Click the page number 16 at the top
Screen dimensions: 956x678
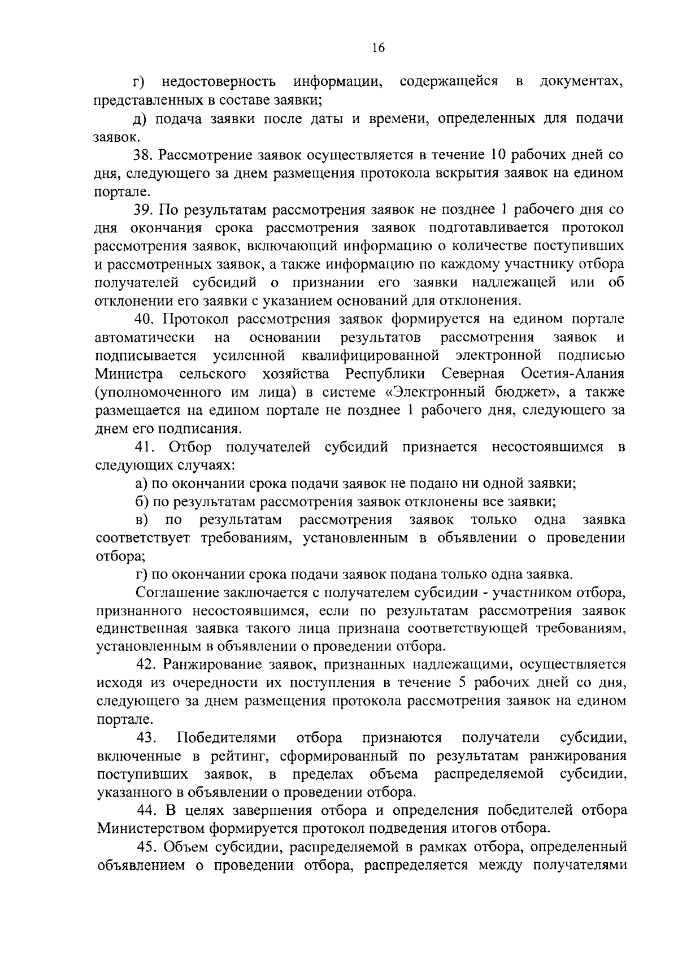[x=378, y=48]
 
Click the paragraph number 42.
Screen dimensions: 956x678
[x=148, y=664]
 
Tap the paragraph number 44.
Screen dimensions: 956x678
[x=149, y=811]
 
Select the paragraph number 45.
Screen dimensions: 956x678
[x=149, y=848]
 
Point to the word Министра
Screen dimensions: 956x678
[x=130, y=374]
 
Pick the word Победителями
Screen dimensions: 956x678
[x=227, y=738]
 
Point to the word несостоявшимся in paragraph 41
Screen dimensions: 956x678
[x=547, y=447]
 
